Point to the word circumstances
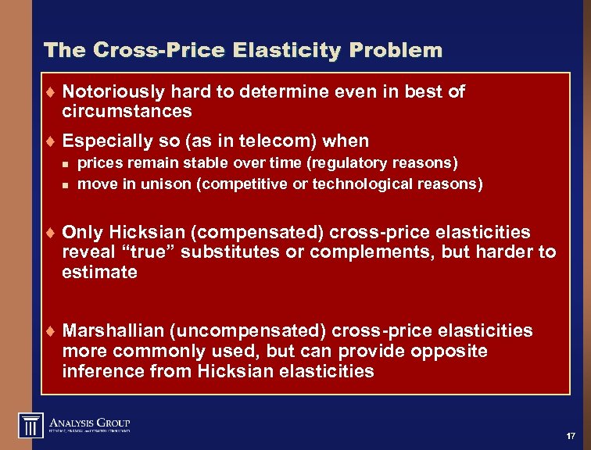pos(127,111)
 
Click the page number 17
pos(570,434)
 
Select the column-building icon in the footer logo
pos(30,425)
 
